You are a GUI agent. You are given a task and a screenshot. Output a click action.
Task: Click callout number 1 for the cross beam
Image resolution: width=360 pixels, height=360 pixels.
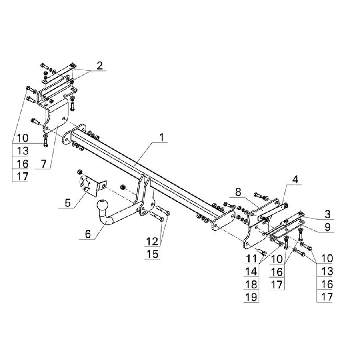click(x=162, y=138)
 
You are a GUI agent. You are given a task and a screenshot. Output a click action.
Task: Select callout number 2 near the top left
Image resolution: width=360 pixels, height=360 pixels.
click(x=100, y=66)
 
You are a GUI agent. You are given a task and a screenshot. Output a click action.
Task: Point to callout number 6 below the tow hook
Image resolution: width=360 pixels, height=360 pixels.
click(x=88, y=234)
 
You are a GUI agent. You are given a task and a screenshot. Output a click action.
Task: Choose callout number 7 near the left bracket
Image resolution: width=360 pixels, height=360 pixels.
click(x=43, y=164)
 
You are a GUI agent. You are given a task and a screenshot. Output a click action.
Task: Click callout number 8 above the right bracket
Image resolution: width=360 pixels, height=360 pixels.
click(x=238, y=192)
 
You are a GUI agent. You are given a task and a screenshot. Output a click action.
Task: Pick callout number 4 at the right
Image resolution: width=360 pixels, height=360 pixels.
click(x=295, y=180)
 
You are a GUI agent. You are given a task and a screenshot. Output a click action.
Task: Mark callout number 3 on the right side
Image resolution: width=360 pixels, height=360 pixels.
click(x=327, y=214)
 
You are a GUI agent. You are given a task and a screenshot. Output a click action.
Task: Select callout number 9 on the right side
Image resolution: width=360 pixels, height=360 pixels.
click(x=327, y=227)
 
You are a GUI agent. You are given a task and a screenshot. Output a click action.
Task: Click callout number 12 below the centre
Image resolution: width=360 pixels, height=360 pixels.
click(x=153, y=241)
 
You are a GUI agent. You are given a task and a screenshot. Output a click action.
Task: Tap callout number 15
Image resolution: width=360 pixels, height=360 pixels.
click(x=153, y=254)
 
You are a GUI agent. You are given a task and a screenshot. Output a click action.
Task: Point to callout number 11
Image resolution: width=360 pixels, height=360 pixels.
click(x=251, y=259)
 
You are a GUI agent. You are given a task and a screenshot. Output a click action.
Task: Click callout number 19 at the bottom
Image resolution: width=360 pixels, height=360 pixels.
click(x=251, y=297)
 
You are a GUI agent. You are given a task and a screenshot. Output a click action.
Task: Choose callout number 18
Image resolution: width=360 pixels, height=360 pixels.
click(x=251, y=284)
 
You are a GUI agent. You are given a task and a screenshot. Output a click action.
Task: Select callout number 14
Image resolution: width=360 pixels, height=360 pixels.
click(x=251, y=272)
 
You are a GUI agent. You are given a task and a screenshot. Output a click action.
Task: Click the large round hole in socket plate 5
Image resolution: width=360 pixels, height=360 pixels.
click(x=85, y=184)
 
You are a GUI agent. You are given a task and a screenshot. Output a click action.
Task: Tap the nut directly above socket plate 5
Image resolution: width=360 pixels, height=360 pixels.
click(x=80, y=172)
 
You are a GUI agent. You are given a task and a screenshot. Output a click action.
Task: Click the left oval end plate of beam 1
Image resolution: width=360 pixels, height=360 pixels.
click(x=74, y=134)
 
